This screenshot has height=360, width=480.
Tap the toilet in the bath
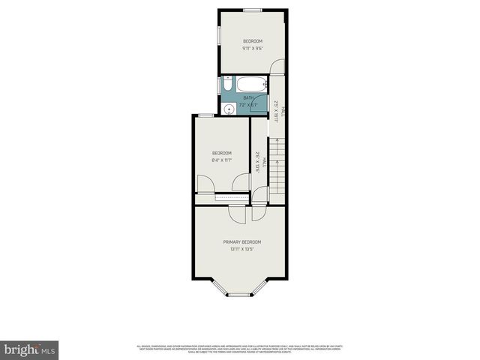(x=227, y=86)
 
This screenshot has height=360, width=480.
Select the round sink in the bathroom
(x=229, y=109)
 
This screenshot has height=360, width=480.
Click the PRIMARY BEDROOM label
(x=241, y=241)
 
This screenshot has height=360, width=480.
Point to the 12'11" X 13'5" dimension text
(x=241, y=249)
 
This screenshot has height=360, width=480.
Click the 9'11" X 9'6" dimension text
(x=253, y=48)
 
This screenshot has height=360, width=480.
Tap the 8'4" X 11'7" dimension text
(x=221, y=160)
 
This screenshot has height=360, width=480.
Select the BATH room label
(x=248, y=97)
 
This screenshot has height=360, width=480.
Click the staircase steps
(x=278, y=169)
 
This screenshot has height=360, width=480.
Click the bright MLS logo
(x=30, y=349)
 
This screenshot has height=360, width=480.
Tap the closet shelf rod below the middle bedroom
(x=232, y=196)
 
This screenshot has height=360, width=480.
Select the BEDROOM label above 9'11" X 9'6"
(x=253, y=40)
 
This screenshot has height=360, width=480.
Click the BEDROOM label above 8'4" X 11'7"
(x=221, y=152)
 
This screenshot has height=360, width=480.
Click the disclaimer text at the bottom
(x=240, y=348)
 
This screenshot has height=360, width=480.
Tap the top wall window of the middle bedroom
(x=205, y=115)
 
